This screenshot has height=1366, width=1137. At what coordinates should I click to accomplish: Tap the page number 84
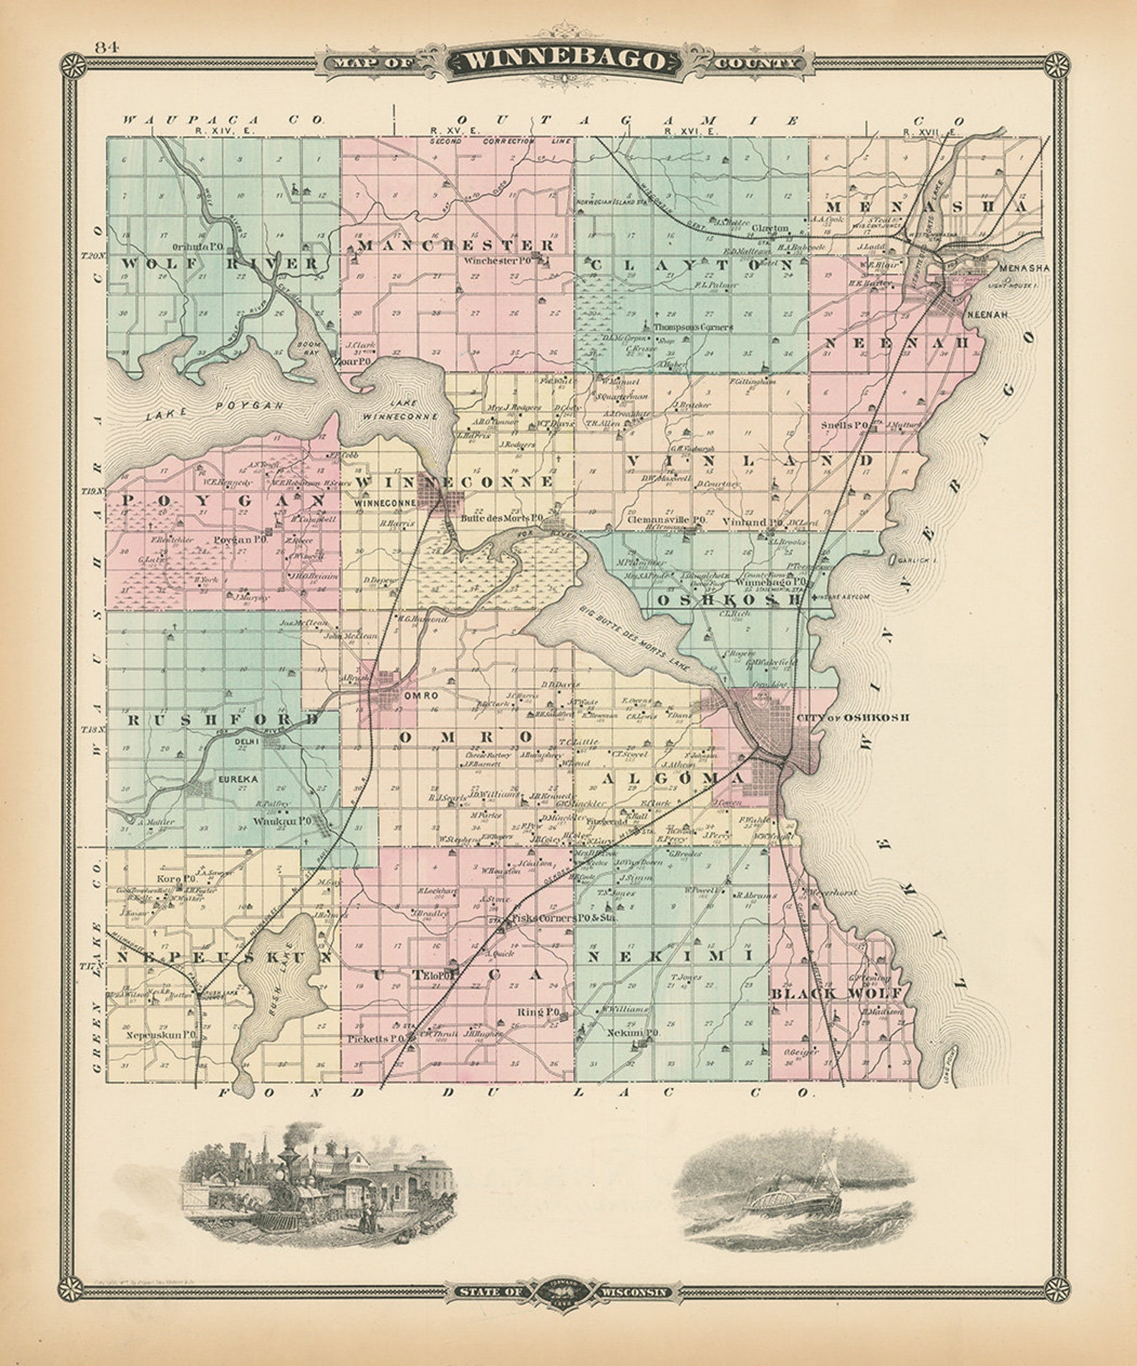click(105, 47)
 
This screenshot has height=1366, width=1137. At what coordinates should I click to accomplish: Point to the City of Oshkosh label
click(851, 717)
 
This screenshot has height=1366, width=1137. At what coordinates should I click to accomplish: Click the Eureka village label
click(238, 778)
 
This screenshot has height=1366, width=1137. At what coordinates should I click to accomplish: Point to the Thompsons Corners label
click(692, 326)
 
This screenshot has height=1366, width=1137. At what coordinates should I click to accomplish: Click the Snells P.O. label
click(844, 425)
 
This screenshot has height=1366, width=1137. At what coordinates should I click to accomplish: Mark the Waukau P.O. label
click(281, 822)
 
